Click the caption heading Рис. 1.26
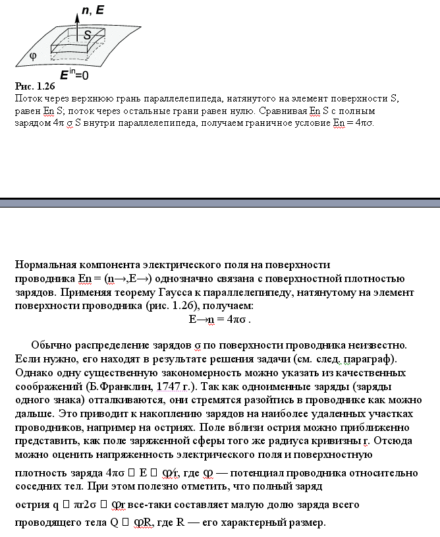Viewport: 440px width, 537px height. [x=34, y=86]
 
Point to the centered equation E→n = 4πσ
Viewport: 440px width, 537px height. [x=219, y=320]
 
